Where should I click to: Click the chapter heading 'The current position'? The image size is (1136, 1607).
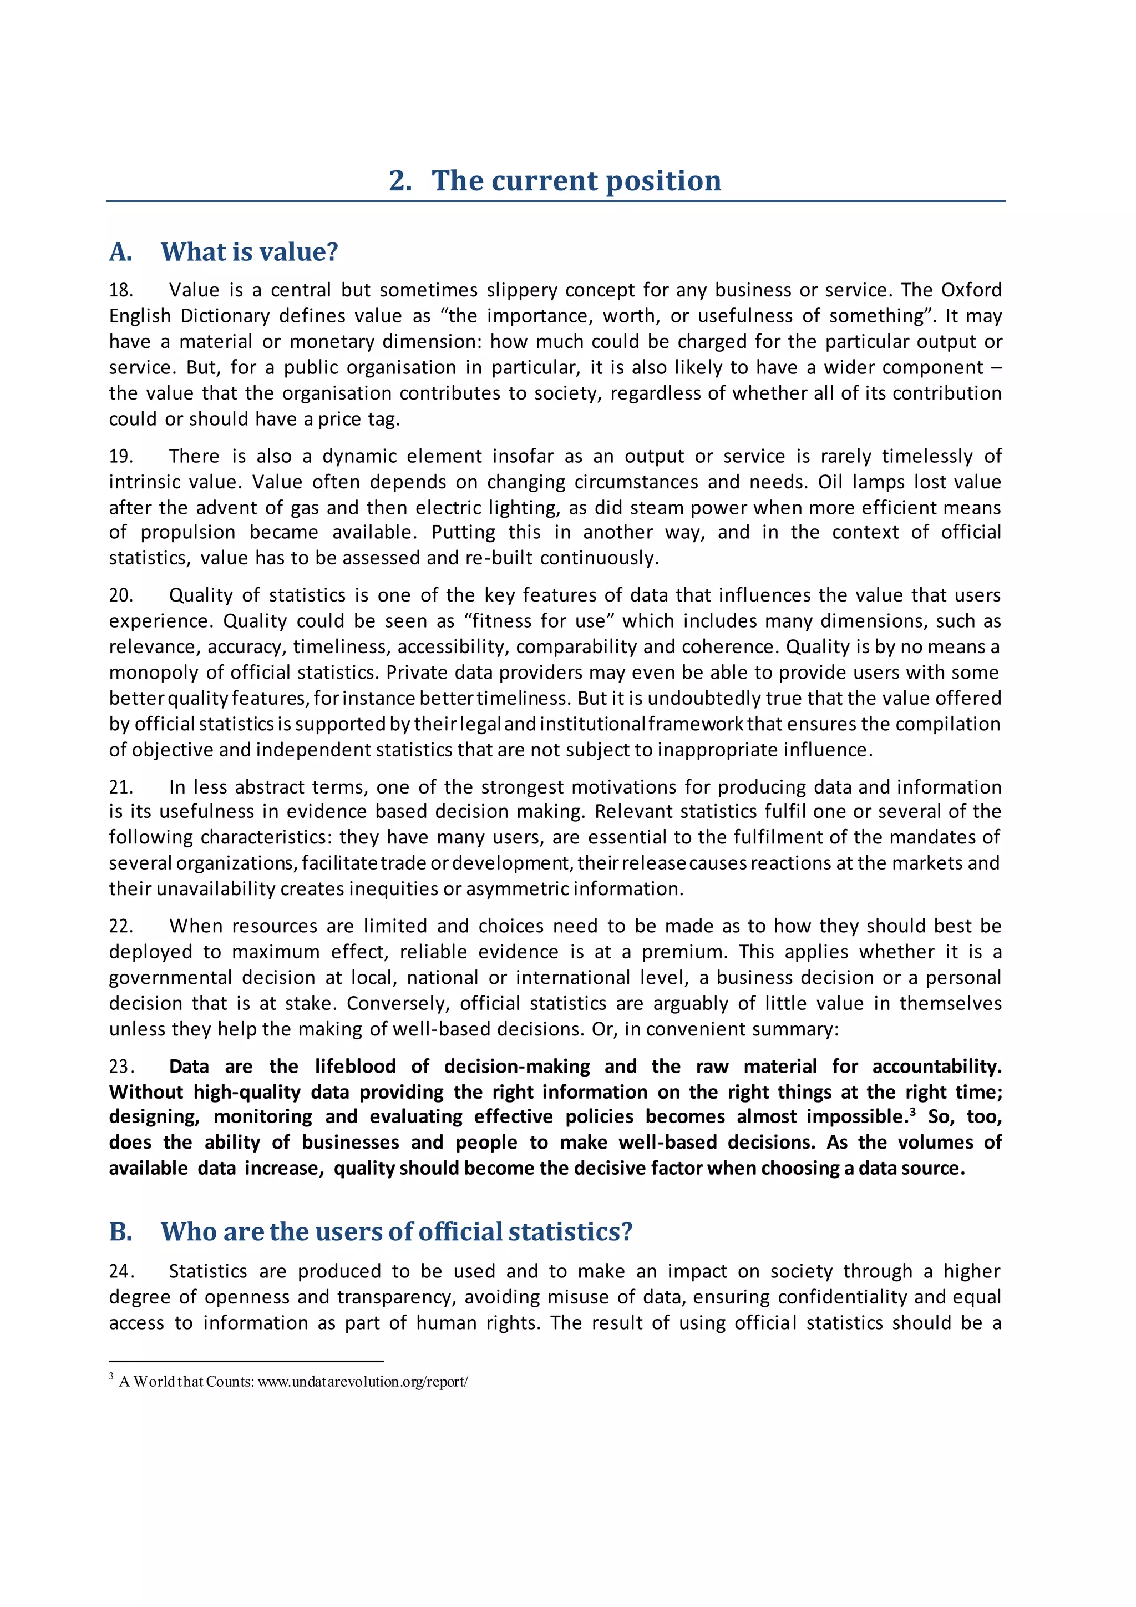(576, 180)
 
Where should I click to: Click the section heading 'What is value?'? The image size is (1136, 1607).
(249, 252)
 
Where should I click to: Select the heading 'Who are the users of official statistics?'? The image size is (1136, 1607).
(396, 1231)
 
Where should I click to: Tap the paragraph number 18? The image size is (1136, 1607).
(120, 290)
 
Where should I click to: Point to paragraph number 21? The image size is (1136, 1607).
(120, 787)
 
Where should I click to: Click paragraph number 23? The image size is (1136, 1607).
(120, 1067)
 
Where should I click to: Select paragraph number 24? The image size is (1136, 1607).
(120, 1271)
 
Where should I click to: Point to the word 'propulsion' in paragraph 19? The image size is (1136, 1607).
(187, 533)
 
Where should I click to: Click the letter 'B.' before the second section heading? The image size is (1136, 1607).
(120, 1232)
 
